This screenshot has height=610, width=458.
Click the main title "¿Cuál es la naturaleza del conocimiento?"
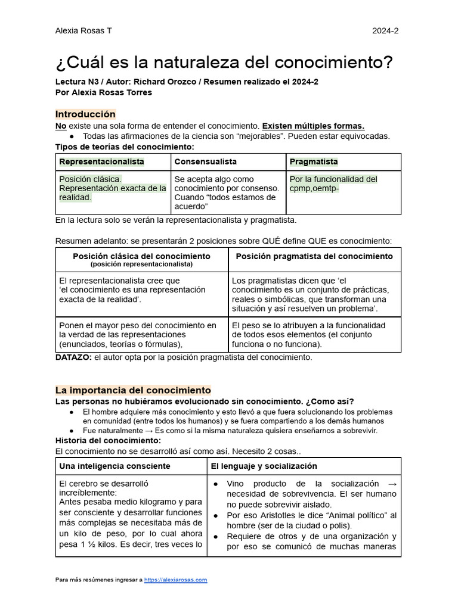(224, 63)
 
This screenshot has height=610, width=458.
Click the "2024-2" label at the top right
(386, 31)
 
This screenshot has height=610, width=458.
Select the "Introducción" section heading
(85, 114)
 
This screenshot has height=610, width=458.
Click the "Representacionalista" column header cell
(101, 161)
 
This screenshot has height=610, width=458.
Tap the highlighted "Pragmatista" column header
(314, 161)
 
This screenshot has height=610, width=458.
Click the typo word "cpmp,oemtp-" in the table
(314, 188)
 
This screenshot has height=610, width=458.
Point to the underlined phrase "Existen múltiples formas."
(313, 126)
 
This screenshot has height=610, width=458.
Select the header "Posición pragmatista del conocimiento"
(314, 256)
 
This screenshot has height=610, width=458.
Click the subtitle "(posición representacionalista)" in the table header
(141, 263)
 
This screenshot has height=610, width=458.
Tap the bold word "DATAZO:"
(73, 357)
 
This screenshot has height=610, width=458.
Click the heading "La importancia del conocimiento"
(133, 390)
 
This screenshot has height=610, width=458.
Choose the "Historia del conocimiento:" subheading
(108, 440)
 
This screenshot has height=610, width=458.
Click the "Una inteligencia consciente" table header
(114, 466)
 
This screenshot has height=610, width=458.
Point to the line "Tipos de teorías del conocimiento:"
(125, 147)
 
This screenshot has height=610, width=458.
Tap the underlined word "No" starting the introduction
(61, 126)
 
